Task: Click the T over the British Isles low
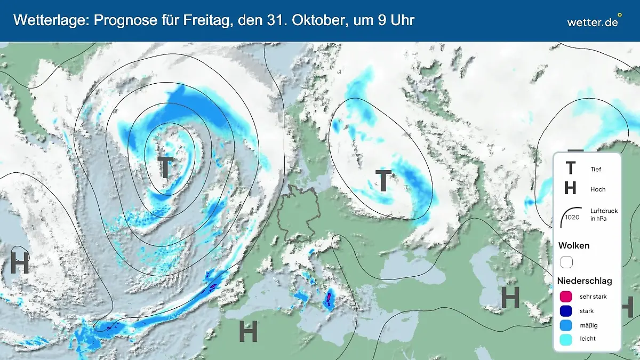(x=165, y=167)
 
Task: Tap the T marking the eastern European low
(x=383, y=181)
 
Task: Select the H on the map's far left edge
(x=19, y=263)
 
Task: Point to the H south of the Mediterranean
(x=248, y=331)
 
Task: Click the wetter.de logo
(x=593, y=21)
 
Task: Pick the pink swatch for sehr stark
(x=566, y=297)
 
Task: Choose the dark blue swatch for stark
(x=566, y=310)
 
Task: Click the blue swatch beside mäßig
(x=566, y=325)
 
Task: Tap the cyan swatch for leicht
(x=566, y=339)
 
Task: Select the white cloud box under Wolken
(x=566, y=262)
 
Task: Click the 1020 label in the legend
(x=572, y=217)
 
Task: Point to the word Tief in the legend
(x=596, y=170)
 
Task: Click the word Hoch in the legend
(x=598, y=189)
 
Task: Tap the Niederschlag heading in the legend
(x=585, y=281)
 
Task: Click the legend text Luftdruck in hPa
(x=604, y=215)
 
